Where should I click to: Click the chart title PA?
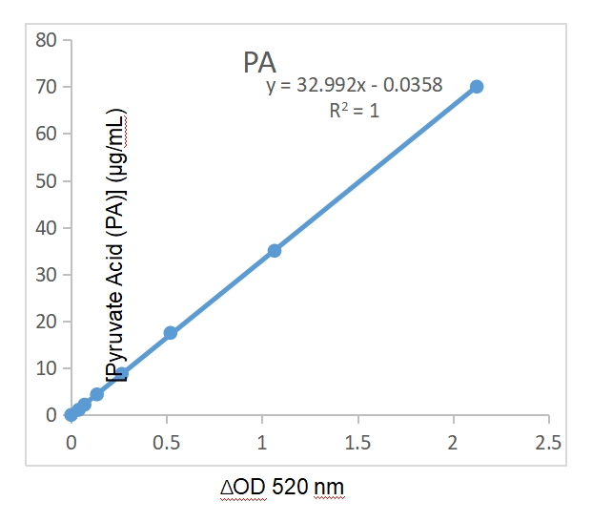(259, 63)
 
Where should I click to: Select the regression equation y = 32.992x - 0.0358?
(354, 86)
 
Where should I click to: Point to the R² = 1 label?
(354, 110)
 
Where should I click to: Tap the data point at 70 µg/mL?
(477, 87)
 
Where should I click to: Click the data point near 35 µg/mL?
(275, 250)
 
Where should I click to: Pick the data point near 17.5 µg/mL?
(171, 332)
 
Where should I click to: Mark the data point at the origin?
(71, 415)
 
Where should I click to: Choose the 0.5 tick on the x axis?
(166, 444)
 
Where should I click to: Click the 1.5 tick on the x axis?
(357, 444)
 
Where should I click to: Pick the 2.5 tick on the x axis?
(548, 444)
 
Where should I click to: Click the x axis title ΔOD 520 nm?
(282, 488)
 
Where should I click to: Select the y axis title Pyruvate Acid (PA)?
(119, 245)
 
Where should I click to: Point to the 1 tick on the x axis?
(262, 444)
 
